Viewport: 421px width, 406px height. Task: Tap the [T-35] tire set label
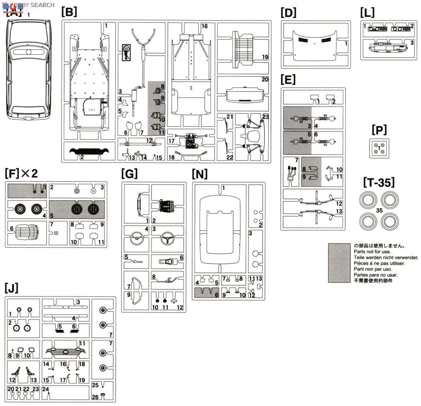click(379, 182)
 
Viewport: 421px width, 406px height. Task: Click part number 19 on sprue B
click(265, 57)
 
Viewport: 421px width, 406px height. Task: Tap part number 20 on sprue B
click(265, 80)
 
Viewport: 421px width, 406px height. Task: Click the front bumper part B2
click(89, 152)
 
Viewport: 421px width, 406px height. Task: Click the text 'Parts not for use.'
click(372, 252)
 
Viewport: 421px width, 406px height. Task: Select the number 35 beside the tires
click(379, 211)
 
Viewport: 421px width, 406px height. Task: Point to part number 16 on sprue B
click(205, 26)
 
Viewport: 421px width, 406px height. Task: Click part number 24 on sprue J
click(46, 389)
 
